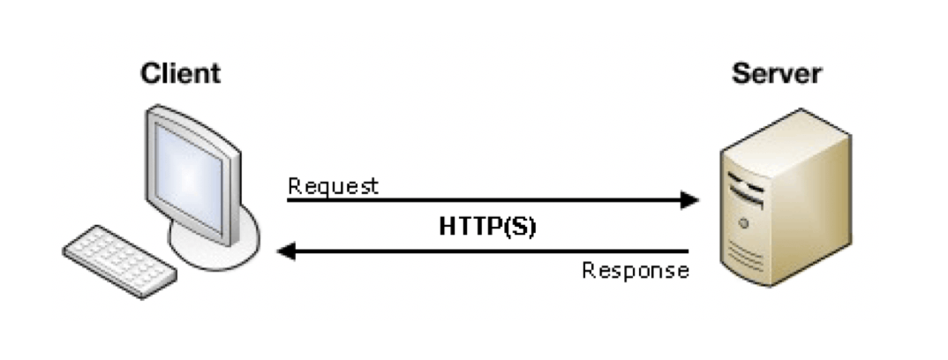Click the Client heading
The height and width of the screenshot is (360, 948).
(180, 73)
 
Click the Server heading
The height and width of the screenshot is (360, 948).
(776, 74)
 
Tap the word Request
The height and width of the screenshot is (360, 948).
(333, 186)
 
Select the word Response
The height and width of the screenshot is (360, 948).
(636, 270)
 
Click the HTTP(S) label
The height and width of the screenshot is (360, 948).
(487, 227)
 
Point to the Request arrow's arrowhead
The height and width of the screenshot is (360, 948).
(690, 200)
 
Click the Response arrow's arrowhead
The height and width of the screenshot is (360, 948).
(286, 250)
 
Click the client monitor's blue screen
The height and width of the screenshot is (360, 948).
(189, 176)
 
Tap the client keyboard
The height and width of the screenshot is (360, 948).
(120, 261)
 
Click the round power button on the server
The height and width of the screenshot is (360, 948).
(743, 223)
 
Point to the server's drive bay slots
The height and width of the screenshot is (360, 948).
(746, 189)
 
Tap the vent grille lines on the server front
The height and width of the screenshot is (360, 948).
(746, 254)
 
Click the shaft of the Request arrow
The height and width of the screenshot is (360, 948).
(485, 200)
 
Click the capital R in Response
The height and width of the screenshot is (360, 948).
(589, 269)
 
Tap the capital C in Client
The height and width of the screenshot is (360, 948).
(150, 73)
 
